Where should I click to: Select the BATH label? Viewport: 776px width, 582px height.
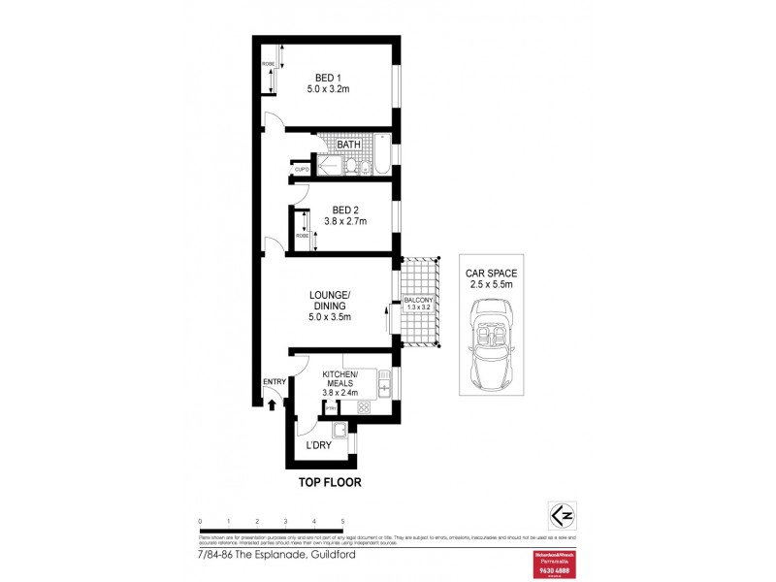tap(349, 145)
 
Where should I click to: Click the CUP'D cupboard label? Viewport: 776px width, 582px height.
tap(302, 171)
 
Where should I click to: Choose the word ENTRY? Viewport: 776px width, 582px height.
tap(274, 382)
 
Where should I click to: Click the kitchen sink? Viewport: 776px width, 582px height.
tap(384, 389)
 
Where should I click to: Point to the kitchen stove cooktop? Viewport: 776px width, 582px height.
tap(364, 408)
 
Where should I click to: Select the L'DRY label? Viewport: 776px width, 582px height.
tap(320, 445)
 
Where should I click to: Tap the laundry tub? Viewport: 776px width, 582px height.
tap(339, 432)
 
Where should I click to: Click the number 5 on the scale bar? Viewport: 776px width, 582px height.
tap(343, 521)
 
